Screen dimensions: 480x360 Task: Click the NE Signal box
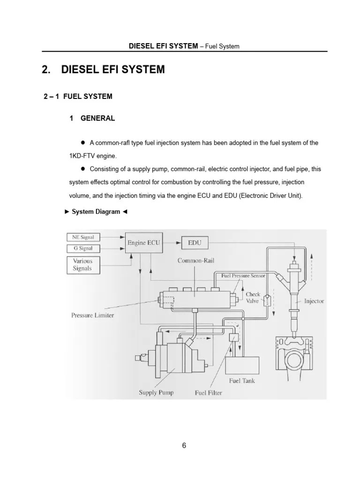[83, 237]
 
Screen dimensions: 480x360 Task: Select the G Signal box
[83, 248]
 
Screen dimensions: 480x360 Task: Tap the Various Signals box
[83, 265]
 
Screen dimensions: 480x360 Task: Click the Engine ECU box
[144, 243]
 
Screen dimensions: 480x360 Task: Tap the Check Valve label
[253, 298]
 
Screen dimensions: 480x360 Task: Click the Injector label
[314, 301]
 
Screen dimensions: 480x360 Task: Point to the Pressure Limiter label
[92, 315]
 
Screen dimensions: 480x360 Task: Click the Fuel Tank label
[242, 381]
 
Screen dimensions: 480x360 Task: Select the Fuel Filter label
[209, 393]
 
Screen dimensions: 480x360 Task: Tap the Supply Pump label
[156, 392]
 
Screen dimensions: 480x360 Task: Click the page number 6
[184, 446]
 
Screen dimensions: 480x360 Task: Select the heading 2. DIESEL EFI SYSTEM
[104, 70]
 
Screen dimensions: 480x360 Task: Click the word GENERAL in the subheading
[97, 119]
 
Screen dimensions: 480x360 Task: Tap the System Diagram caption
[95, 212]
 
